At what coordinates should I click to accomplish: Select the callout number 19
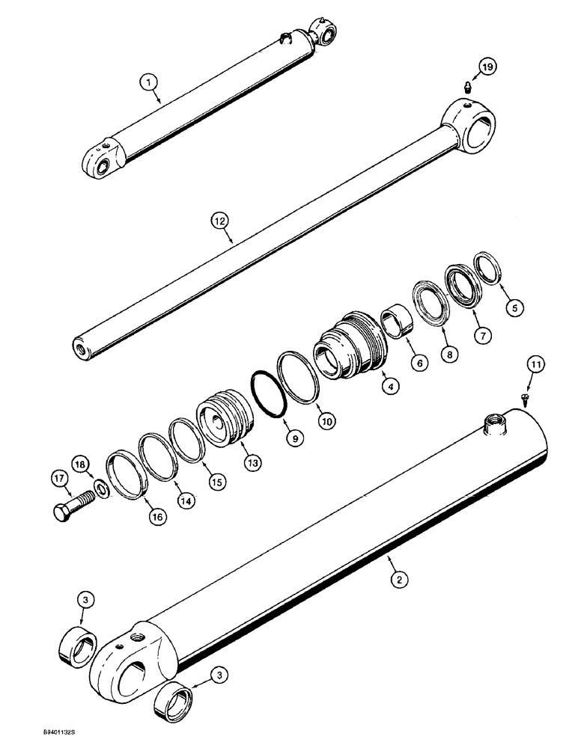click(487, 68)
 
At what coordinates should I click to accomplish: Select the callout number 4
click(390, 387)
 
